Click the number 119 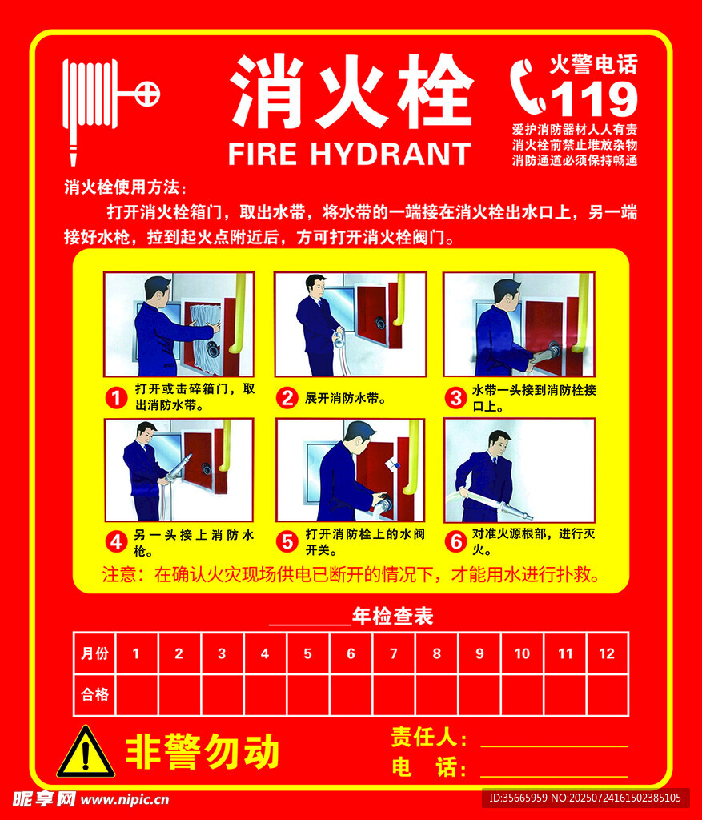click(594, 98)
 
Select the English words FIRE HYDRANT click(350, 154)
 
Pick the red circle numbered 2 click(287, 398)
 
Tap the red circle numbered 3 click(455, 398)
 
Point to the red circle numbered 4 click(117, 542)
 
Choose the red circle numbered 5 click(287, 542)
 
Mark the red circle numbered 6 click(455, 542)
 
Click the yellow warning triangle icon click(86, 751)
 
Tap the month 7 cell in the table click(394, 653)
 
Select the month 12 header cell click(607, 653)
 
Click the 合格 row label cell click(94, 694)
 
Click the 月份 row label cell click(94, 653)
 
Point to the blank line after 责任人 click(554, 746)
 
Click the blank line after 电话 click(554, 777)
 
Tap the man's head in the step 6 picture click(499, 442)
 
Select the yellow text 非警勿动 click(203, 751)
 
